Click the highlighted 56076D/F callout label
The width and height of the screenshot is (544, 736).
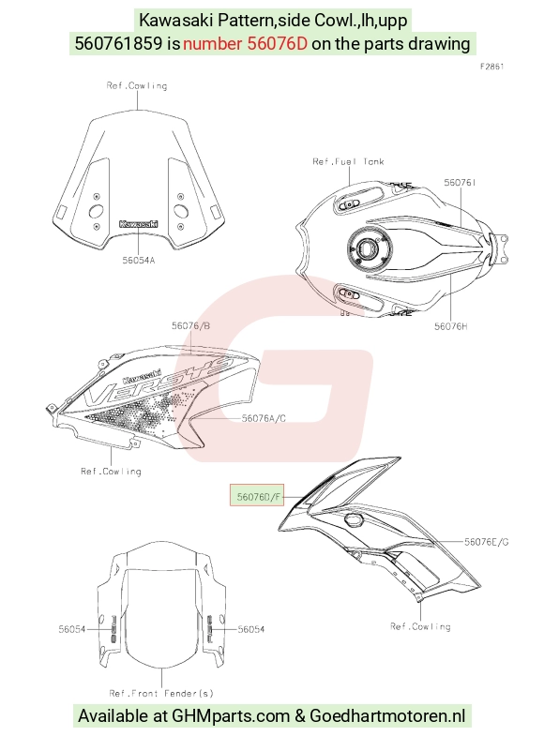(257, 496)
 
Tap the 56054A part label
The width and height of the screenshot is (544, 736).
(139, 261)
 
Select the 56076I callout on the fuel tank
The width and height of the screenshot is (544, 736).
(460, 182)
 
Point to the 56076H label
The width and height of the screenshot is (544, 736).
(450, 326)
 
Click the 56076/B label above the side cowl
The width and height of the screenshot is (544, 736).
(190, 325)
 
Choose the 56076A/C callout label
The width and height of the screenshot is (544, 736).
(264, 418)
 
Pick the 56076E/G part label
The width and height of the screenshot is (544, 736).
(487, 542)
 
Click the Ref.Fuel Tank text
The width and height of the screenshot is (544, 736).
(348, 161)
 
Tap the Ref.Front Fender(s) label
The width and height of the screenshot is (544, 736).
(161, 693)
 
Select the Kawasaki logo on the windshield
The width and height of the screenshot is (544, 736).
(139, 224)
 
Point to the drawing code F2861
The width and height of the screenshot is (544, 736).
(491, 67)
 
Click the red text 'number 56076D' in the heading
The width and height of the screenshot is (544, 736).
(245, 44)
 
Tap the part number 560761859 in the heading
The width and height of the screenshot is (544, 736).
(119, 44)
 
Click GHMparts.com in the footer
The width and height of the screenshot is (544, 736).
(231, 716)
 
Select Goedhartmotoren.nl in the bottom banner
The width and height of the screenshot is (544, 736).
(387, 716)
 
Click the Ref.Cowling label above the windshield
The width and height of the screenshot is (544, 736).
(137, 86)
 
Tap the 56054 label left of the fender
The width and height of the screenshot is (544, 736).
(72, 629)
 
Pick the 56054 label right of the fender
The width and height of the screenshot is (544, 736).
(251, 629)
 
